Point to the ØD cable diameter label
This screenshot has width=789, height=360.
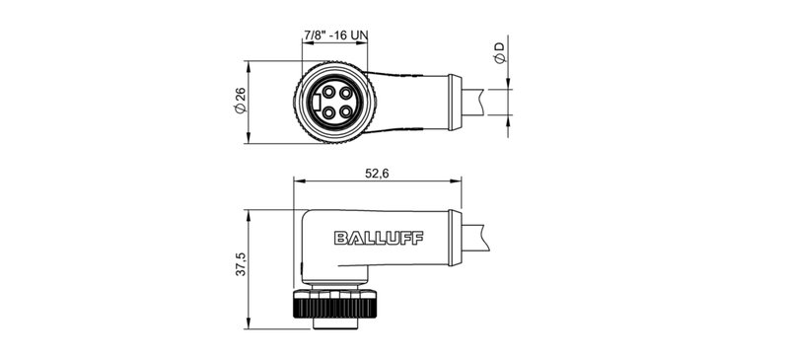pos(500,54)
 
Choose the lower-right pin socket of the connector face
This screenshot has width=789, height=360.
pos(345,111)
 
